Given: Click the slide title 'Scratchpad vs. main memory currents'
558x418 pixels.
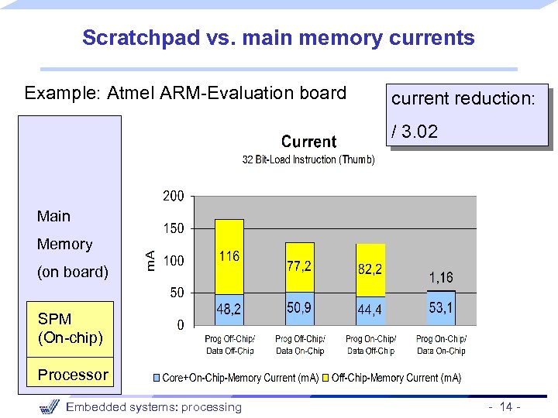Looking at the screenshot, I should click(278, 37).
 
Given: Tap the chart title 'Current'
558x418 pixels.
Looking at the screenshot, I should click(308, 142).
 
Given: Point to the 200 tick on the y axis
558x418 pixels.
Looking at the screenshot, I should click(174, 197).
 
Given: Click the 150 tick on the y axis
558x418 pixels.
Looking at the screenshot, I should click(174, 229).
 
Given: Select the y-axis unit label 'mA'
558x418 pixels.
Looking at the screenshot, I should click(153, 259).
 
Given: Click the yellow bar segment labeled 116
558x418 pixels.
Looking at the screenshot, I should click(229, 256).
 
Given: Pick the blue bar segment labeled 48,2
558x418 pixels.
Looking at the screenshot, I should click(229, 310).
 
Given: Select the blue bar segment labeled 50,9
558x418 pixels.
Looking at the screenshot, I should click(299, 309).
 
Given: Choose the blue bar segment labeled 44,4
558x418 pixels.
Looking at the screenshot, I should click(370, 310).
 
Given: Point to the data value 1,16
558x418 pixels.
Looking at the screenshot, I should click(441, 277).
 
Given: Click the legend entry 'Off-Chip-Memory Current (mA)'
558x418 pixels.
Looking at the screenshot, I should click(396, 378).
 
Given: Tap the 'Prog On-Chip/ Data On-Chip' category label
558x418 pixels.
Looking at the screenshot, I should click(441, 344).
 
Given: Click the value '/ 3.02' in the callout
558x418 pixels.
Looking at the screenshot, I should click(415, 132).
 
